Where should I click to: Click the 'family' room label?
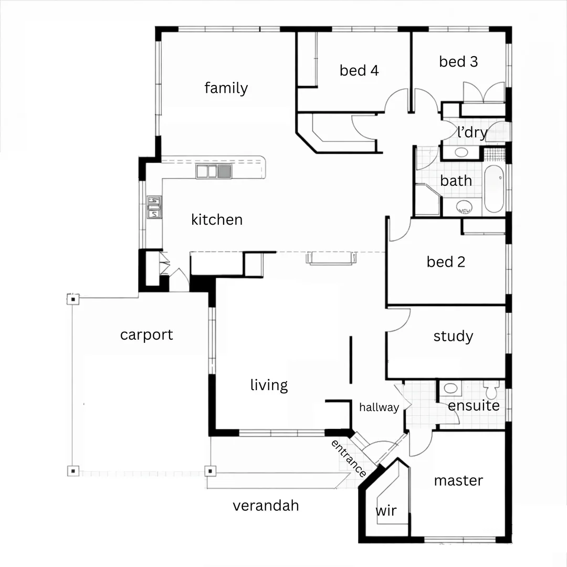(226, 88)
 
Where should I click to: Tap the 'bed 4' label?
(359, 70)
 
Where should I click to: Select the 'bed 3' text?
(458, 61)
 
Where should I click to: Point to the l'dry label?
(471, 132)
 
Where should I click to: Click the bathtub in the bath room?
(493, 189)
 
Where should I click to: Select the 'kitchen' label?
(217, 219)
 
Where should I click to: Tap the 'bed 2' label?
(446, 261)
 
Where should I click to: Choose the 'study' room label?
(453, 336)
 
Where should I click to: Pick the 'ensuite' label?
(474, 406)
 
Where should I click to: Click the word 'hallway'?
(379, 407)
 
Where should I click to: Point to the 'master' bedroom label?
(458, 480)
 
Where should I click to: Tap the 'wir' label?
(386, 511)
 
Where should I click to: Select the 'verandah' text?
(266, 505)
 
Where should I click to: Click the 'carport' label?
(146, 334)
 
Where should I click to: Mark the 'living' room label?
(269, 385)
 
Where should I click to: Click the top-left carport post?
(73, 299)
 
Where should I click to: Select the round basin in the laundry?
(461, 153)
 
